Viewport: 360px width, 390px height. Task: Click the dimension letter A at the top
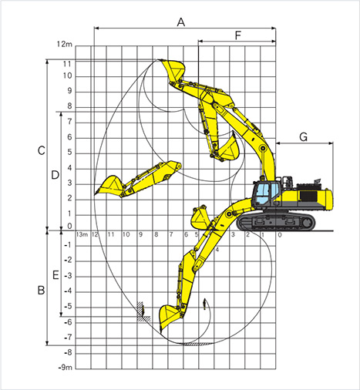[x=181, y=22]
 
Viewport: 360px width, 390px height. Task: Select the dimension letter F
[x=238, y=35]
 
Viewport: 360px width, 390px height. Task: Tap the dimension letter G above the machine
[x=304, y=137]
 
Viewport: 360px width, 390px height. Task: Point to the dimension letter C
[x=42, y=150]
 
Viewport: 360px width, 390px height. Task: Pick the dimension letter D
[x=55, y=175]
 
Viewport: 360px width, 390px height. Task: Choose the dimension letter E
[x=56, y=275]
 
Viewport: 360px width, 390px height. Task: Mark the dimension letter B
[x=41, y=291]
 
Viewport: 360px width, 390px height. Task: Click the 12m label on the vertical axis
[x=65, y=44]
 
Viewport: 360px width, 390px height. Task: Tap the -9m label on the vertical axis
[x=66, y=368]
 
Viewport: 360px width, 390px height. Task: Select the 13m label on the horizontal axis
[x=82, y=234]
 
